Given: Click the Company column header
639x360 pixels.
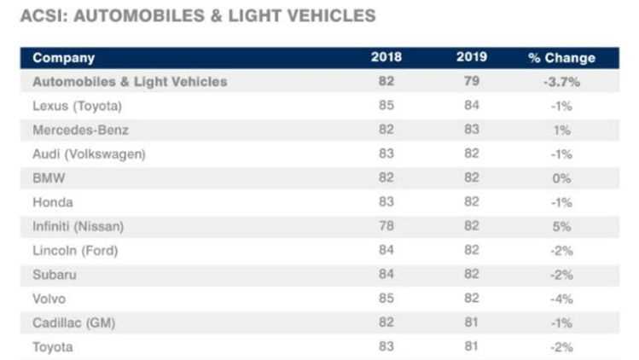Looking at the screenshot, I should [x=63, y=58].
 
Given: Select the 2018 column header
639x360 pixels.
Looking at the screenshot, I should [x=386, y=58].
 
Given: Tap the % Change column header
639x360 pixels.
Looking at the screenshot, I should [x=561, y=58].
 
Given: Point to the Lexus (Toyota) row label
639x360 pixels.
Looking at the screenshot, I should [x=77, y=106].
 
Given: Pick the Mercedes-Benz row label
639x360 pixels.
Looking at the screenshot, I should [x=80, y=130].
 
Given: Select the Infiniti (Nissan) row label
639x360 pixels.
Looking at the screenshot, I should [x=78, y=226].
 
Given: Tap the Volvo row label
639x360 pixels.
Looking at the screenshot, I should [x=49, y=299].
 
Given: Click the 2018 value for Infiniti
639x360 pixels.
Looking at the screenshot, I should [x=386, y=226].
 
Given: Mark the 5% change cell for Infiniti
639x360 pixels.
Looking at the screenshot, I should [x=561, y=226].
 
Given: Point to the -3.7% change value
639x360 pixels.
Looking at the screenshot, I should [x=561, y=82].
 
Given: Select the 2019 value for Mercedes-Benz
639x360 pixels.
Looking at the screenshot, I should [x=470, y=130].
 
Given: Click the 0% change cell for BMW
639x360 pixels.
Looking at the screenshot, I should [x=561, y=178].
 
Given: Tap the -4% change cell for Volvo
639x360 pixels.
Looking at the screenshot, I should [x=561, y=299].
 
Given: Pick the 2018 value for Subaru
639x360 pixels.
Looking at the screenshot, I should [x=386, y=275].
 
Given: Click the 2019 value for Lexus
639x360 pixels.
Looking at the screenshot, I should [x=470, y=106].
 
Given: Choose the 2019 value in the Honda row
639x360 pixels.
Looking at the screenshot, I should [x=470, y=202].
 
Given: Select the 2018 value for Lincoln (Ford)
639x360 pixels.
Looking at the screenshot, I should [x=386, y=251].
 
